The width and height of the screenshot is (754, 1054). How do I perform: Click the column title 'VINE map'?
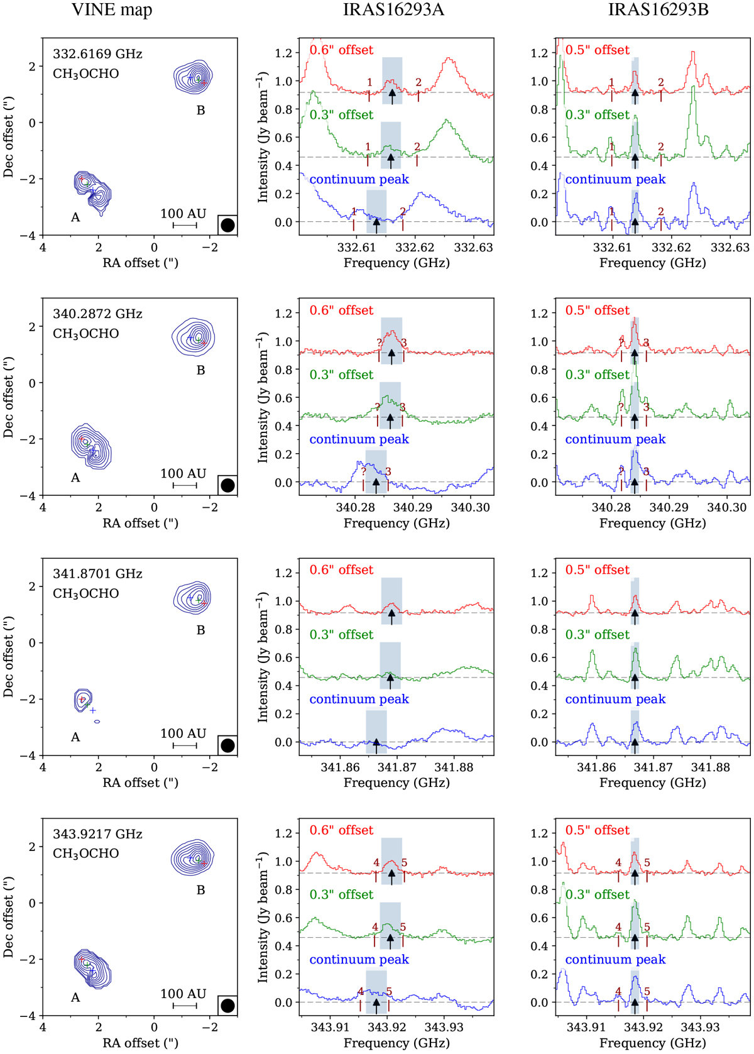click(111, 10)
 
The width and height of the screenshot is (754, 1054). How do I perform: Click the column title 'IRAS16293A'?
click(393, 10)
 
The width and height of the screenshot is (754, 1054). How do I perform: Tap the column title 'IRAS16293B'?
click(650, 10)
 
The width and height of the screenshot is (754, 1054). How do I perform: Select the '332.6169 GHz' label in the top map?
click(97, 54)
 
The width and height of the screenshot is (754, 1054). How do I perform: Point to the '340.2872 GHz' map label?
click(97, 314)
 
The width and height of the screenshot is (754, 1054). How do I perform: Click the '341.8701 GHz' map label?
click(97, 574)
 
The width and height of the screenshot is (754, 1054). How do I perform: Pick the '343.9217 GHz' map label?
click(97, 834)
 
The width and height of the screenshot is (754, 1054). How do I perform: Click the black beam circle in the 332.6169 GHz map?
click(227, 225)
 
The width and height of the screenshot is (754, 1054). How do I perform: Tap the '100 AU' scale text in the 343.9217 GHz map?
click(183, 994)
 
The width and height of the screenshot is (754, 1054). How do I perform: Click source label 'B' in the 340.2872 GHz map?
click(200, 370)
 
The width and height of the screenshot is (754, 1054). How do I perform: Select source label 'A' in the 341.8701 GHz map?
click(75, 737)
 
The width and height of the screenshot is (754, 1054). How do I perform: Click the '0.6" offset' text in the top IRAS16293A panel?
click(341, 50)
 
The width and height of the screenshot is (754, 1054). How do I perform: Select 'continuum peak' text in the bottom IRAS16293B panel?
click(615, 960)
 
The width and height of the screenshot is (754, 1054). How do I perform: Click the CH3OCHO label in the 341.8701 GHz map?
click(86, 593)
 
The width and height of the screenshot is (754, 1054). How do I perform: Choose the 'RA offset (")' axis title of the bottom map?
click(140, 1043)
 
